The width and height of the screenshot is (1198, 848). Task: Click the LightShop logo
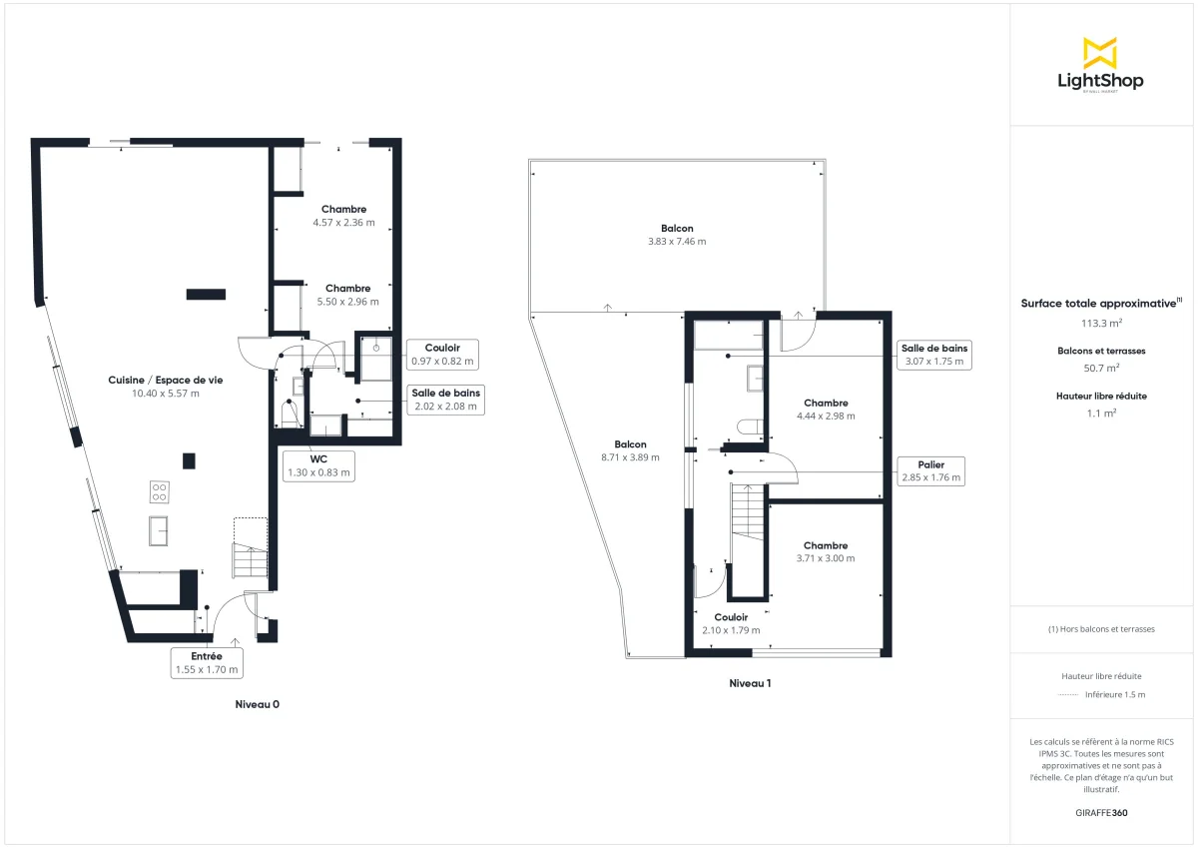coord(1100,66)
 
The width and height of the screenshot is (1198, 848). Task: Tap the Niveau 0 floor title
coord(257,704)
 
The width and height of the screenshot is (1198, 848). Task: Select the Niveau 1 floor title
coord(750,684)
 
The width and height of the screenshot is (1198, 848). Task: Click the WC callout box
coord(318,465)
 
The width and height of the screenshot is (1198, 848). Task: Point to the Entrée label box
coord(207,663)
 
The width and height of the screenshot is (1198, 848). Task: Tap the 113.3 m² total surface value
coord(1101,323)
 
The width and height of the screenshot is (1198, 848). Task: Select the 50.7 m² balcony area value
coord(1101,368)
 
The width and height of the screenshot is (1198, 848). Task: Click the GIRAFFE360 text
coord(1101,813)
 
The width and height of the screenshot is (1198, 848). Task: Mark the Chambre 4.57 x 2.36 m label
coord(343,216)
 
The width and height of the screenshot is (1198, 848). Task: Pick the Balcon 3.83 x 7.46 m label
coord(676,235)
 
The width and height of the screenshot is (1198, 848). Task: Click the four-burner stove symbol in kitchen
coord(159,491)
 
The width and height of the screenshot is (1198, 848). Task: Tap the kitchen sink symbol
coord(159,529)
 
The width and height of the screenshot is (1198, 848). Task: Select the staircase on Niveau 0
coord(251,559)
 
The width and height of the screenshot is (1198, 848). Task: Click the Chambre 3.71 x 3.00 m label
coord(825,552)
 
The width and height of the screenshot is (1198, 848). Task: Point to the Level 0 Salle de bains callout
coord(446,400)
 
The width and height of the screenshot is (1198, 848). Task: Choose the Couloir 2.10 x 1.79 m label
coord(731,623)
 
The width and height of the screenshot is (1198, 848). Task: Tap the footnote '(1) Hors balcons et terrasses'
coord(1101,629)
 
